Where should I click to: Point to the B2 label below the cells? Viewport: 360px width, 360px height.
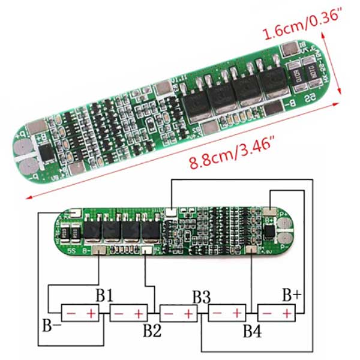click(152, 330)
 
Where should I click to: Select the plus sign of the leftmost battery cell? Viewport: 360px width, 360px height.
click(91, 313)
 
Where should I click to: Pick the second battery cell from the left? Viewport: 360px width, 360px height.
click(128, 313)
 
